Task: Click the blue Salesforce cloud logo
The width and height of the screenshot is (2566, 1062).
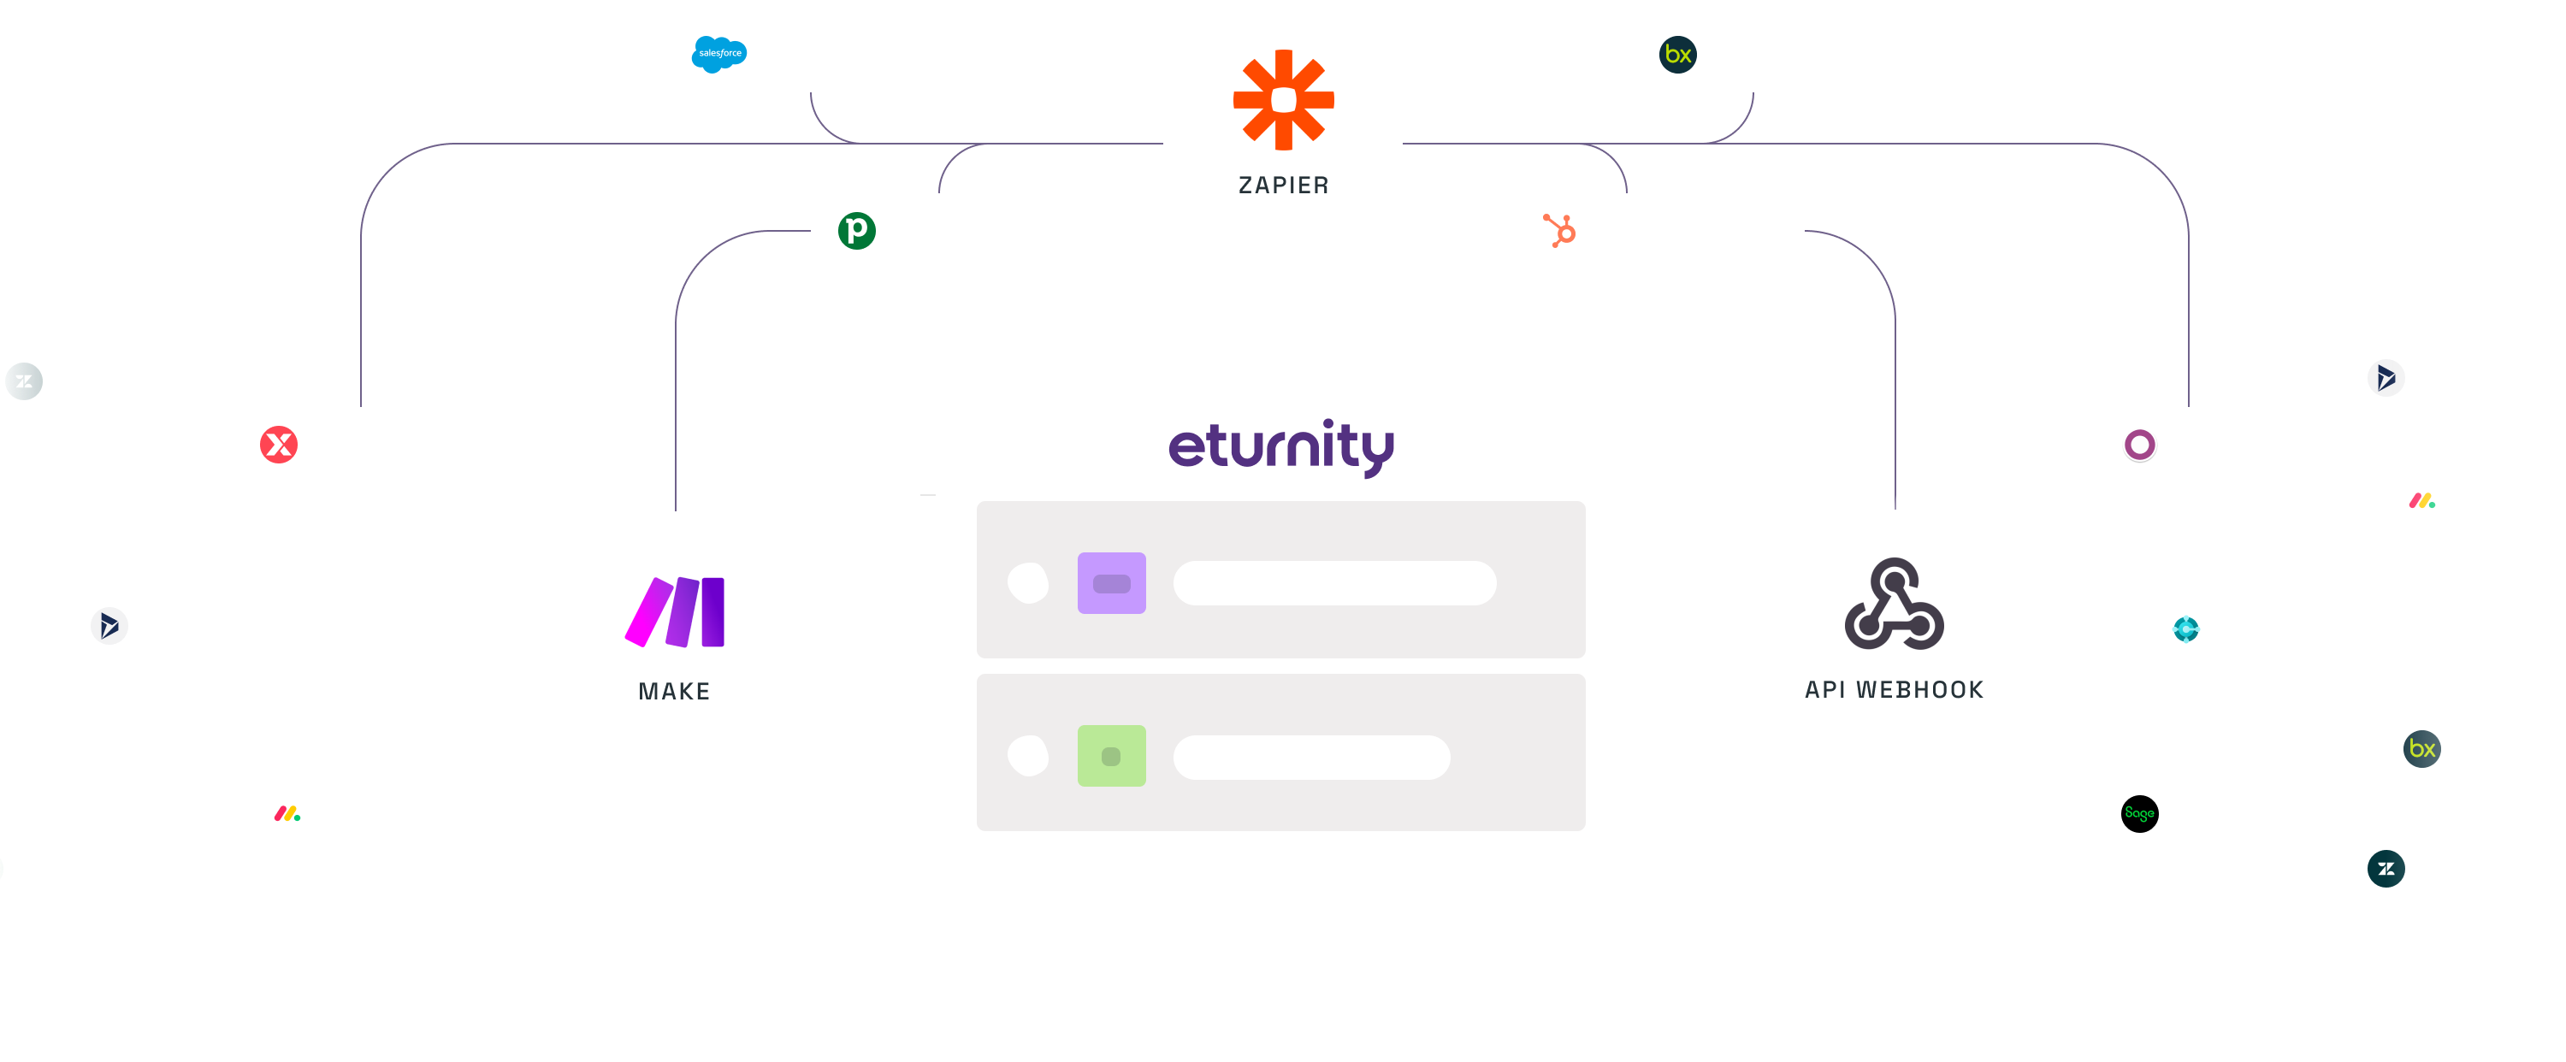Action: click(719, 54)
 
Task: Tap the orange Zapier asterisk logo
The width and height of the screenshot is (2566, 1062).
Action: click(1283, 100)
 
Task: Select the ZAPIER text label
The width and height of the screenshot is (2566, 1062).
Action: click(1283, 186)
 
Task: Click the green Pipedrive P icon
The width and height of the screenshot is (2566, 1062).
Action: click(857, 231)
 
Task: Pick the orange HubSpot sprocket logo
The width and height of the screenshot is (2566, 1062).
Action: click(1560, 231)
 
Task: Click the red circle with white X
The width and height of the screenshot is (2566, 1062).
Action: click(279, 445)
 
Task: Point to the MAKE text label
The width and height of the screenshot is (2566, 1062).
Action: click(674, 692)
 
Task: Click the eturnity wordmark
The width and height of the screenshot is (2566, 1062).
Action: click(1281, 447)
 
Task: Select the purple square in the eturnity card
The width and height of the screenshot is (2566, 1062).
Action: click(1112, 583)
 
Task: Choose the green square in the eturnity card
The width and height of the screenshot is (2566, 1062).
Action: click(1112, 756)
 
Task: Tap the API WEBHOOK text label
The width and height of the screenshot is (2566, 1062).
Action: click(1894, 689)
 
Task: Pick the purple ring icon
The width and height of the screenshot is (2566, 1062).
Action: click(2140, 445)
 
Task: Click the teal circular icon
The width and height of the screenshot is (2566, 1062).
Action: click(2185, 628)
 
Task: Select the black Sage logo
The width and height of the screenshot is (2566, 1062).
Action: click(2140, 814)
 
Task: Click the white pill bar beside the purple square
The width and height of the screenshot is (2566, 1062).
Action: click(1335, 583)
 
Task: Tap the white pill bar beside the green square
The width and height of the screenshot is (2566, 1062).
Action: click(1312, 757)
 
